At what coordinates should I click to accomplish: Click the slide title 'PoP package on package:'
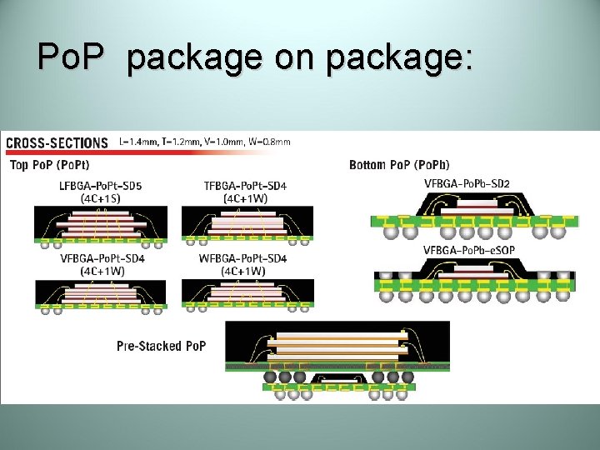pyautogui.click(x=255, y=57)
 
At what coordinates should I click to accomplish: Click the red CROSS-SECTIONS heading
pyautogui.click(x=57, y=143)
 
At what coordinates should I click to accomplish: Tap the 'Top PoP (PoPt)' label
pyautogui.click(x=49, y=164)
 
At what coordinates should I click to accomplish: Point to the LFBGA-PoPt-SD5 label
pyautogui.click(x=100, y=185)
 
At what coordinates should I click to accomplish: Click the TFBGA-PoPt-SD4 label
pyautogui.click(x=245, y=185)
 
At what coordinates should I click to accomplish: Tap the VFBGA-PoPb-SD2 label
pyautogui.click(x=467, y=183)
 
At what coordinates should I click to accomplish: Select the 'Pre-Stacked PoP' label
pyautogui.click(x=161, y=345)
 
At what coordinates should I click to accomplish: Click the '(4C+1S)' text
pyautogui.click(x=100, y=198)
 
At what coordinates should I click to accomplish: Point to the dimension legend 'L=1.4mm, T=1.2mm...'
pyautogui.click(x=205, y=142)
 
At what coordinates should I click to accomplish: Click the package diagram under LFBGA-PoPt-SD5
pyautogui.click(x=100, y=226)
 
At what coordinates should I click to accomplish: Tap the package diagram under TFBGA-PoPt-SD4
pyautogui.click(x=247, y=226)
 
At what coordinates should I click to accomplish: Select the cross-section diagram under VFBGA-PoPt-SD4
pyautogui.click(x=100, y=296)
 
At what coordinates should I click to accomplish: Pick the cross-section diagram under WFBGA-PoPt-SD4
pyautogui.click(x=247, y=296)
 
